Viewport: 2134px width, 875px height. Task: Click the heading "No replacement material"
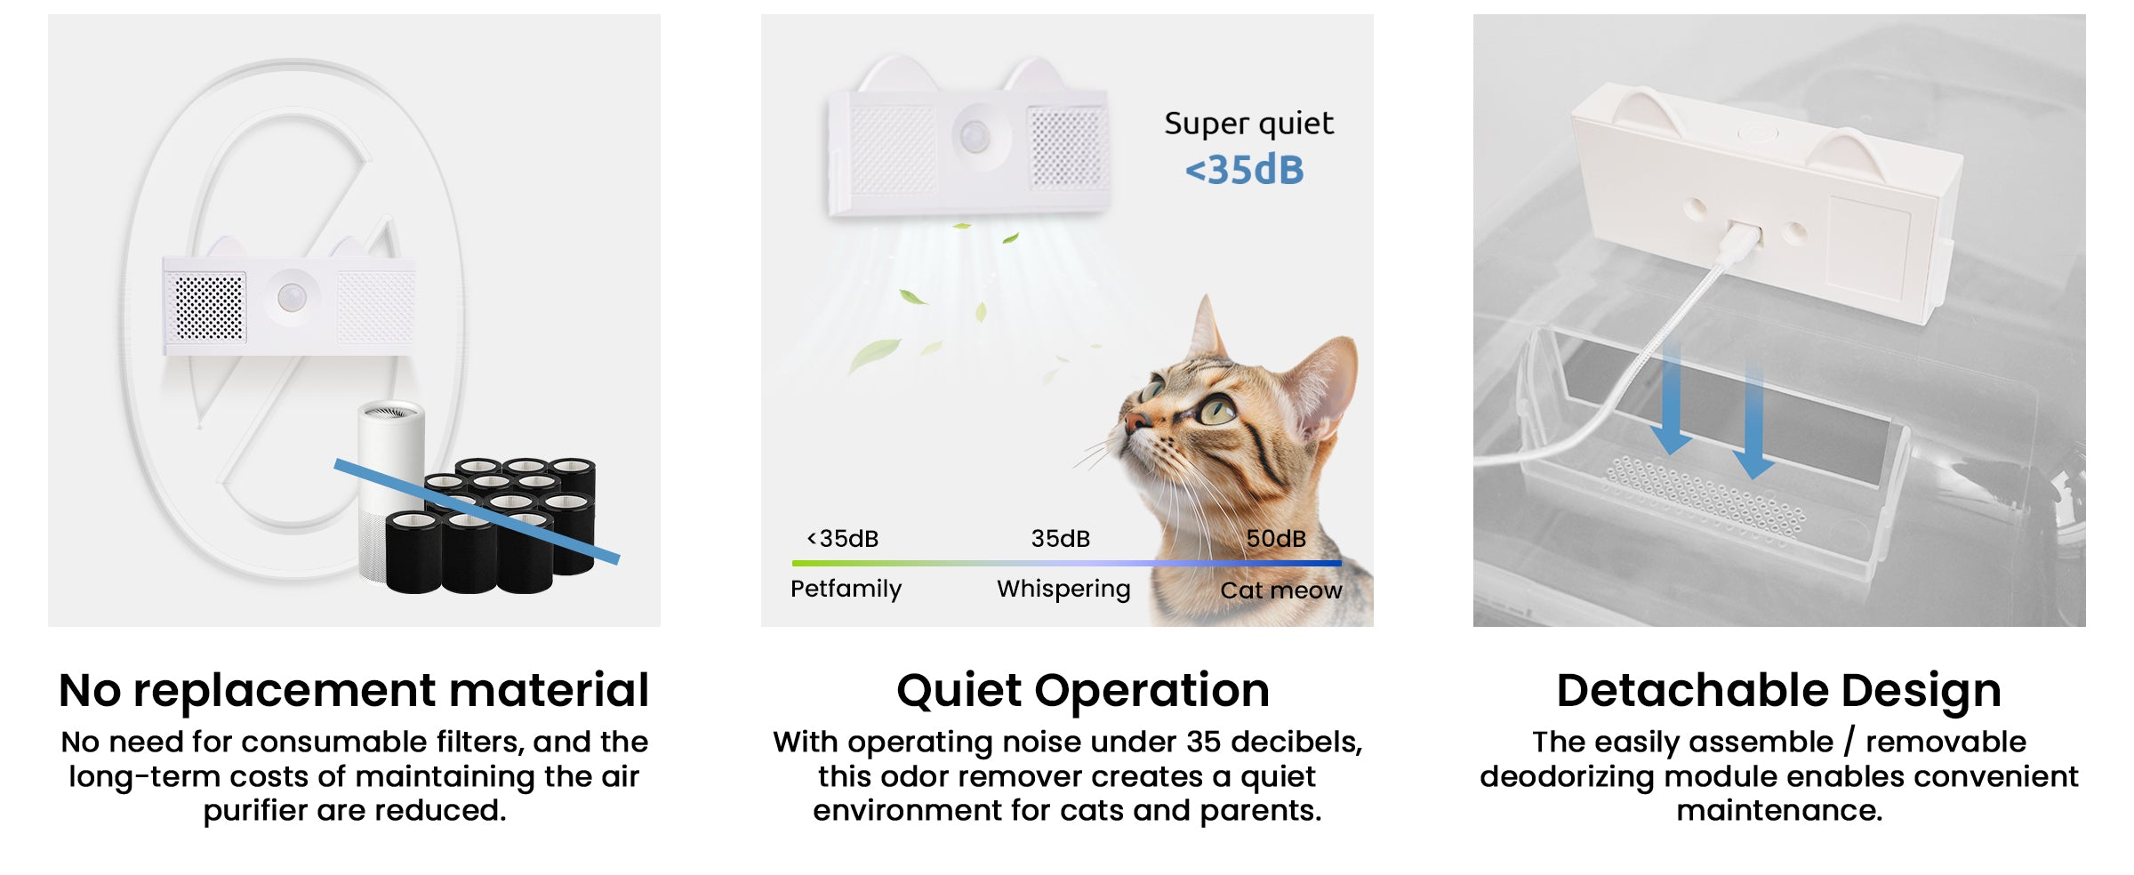point(354,690)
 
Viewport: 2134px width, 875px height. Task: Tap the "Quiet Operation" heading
point(1083,691)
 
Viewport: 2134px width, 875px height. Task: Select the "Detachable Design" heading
point(1779,691)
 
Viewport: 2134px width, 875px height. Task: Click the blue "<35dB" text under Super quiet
point(1244,170)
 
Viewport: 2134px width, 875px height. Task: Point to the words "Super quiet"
point(1249,124)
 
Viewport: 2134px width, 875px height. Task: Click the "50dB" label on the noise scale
point(1276,538)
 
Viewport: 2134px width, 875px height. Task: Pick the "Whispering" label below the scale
point(1063,590)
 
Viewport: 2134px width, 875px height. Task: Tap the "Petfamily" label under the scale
point(846,589)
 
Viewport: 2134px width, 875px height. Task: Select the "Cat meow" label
point(1281,590)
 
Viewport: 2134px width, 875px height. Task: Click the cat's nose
point(1134,421)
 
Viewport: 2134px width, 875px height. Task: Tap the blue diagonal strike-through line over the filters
point(477,510)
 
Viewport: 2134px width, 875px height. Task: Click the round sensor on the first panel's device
point(292,298)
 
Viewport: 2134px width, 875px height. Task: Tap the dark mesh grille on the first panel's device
point(209,308)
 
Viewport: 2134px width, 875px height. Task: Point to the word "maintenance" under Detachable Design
point(1779,811)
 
